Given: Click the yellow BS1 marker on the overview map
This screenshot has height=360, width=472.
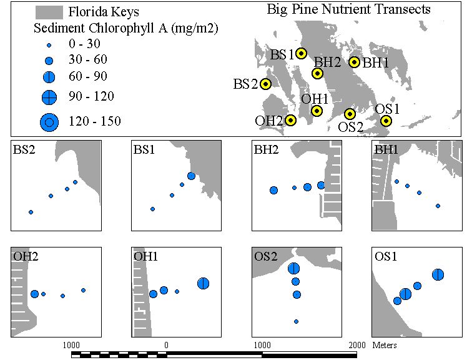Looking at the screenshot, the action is coord(301,53).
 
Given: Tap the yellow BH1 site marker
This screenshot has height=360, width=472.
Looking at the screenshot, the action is coord(354,62).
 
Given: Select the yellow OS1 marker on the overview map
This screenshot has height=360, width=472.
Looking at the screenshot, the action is coord(386,121).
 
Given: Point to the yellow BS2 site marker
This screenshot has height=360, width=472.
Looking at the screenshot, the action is coord(265,84).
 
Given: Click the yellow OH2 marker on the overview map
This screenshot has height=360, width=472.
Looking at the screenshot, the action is coord(290,121).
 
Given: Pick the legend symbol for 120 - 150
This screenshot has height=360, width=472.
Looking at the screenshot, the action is coord(49,122).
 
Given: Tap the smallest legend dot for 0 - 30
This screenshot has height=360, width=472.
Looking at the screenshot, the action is coord(49,46).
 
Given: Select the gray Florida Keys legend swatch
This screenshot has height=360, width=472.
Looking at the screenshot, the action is coord(49,12).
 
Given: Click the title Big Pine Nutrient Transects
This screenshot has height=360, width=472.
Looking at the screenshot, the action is coord(348,9).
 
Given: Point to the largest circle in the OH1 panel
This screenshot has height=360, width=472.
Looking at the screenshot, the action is coord(203,283).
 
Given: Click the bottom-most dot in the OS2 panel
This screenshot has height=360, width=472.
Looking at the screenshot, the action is coord(296,321).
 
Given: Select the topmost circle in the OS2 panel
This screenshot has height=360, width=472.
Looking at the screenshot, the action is coord(293,268).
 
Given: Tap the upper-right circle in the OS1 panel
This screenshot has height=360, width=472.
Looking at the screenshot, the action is coord(438,275).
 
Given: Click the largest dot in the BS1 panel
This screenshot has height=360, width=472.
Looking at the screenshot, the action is coord(191,176).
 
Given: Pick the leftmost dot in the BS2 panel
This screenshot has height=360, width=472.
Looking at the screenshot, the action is coord(31,212).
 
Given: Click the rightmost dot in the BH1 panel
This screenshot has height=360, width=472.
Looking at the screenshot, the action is coord(438,206).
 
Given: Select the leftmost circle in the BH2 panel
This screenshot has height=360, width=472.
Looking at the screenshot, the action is coord(273,190).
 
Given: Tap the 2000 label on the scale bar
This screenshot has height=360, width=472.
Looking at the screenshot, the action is coord(357,345).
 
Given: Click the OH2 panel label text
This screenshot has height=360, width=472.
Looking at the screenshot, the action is coord(26,256).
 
